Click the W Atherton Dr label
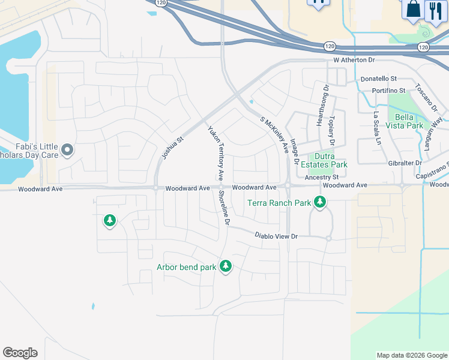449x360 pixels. click(354, 61)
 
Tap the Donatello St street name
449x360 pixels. click(378, 79)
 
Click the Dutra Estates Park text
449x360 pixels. click(324, 160)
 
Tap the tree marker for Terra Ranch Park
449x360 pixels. click(320, 203)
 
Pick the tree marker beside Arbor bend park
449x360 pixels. click(226, 265)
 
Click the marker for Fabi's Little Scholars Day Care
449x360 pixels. click(67, 149)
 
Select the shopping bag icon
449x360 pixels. click(414, 9)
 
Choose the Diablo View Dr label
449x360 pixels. click(276, 236)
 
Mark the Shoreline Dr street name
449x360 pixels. click(224, 206)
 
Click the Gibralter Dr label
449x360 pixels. click(405, 163)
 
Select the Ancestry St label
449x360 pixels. click(322, 178)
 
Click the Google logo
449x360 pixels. click(20, 353)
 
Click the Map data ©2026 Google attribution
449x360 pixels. click(411, 355)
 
